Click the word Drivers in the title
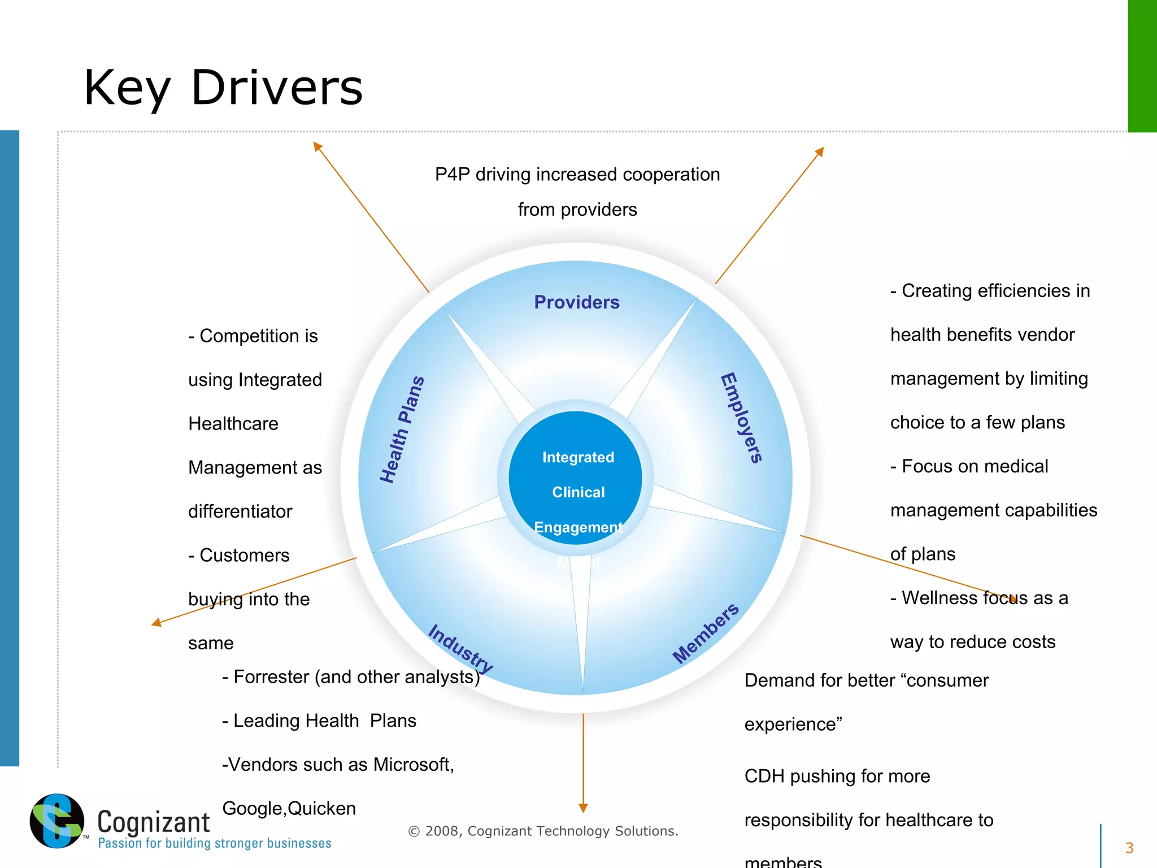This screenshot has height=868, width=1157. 277,88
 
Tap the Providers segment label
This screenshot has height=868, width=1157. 577,302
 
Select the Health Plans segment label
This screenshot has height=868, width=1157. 402,429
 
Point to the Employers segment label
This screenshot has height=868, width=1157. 742,418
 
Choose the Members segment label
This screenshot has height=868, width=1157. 706,633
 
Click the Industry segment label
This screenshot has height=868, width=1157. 460,648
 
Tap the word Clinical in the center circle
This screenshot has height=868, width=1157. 578,492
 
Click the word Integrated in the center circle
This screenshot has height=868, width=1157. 578,457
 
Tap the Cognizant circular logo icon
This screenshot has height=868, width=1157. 57,821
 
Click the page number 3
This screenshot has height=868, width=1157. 1129,848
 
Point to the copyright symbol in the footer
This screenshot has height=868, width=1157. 414,831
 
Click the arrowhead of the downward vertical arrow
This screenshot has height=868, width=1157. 583,808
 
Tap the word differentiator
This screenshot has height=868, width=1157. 240,511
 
